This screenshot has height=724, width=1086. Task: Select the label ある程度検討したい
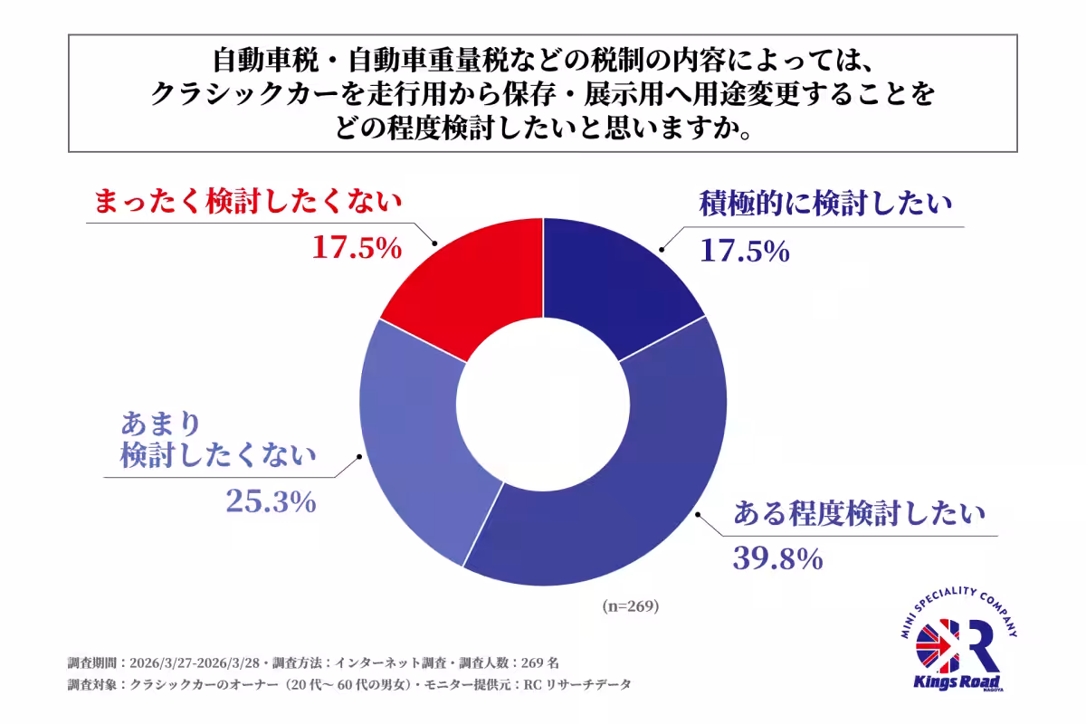[x=857, y=514]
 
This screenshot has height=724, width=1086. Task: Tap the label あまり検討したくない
[x=218, y=440]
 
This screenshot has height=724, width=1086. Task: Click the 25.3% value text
[x=270, y=500]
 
